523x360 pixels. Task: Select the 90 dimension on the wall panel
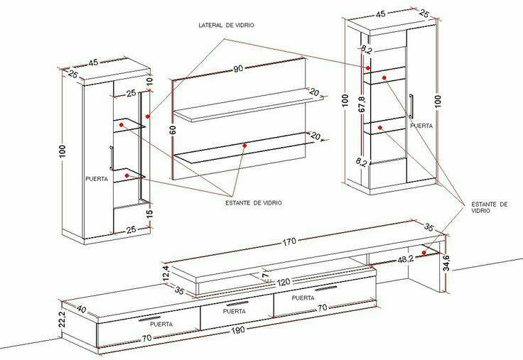pos(239,69)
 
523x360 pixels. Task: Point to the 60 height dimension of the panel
pos(172,130)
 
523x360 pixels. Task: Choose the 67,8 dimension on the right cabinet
pos(361,104)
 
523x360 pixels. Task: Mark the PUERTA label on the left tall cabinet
pos(96,179)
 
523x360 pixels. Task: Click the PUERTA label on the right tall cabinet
pos(421,124)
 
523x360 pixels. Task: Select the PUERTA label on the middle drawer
pos(234,311)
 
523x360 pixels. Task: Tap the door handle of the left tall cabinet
pos(111,156)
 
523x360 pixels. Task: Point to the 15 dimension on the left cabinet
pos(150,213)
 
